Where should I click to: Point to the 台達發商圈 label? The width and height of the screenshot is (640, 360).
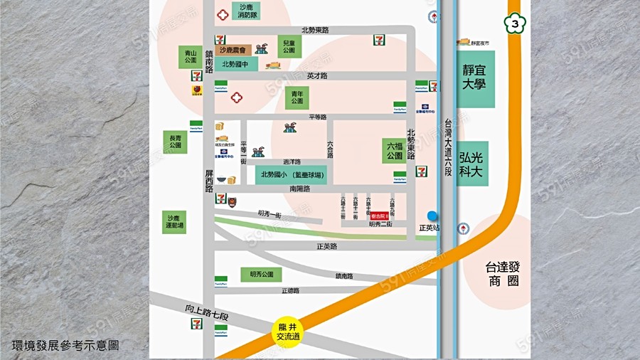[503, 274]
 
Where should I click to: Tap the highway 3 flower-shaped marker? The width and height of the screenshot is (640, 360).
[514, 24]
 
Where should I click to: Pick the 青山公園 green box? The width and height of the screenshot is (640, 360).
[190, 57]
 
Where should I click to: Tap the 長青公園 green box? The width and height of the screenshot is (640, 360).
[175, 141]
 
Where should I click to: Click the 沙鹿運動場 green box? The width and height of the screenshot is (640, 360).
[175, 222]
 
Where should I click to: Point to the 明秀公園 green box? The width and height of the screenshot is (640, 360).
[261, 274]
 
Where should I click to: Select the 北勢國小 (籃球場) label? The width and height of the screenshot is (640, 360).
[292, 175]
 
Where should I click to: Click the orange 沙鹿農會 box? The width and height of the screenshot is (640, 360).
[233, 50]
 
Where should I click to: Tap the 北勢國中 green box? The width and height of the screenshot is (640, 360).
[235, 64]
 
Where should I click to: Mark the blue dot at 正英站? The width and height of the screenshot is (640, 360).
[432, 216]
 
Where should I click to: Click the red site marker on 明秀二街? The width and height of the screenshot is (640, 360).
[380, 215]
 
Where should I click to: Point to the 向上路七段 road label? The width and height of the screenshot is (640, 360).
[206, 310]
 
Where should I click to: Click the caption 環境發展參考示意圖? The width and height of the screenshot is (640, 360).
[65, 345]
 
